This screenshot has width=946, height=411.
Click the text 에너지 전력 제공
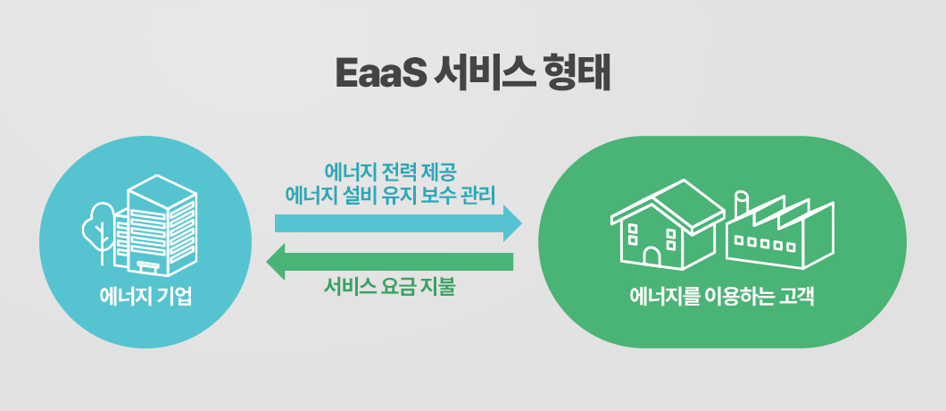[x=389, y=170]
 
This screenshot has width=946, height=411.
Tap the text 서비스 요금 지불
[x=389, y=289]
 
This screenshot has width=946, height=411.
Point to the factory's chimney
[x=741, y=203]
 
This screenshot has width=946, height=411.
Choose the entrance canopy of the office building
[x=148, y=265]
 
